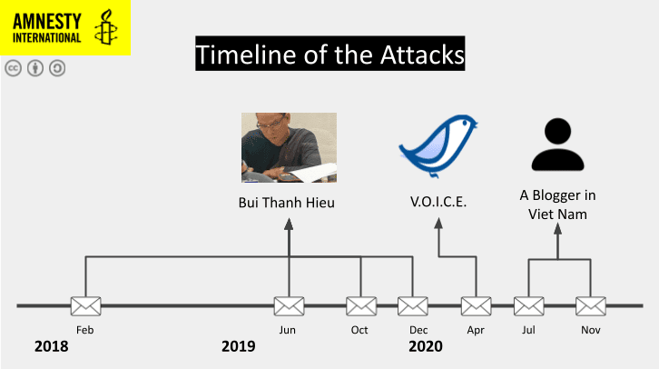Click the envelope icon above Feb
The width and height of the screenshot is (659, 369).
(85, 306)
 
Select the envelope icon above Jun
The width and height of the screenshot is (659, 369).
(290, 306)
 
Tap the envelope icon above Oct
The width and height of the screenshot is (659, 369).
(361, 306)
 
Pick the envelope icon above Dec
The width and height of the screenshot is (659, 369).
(413, 306)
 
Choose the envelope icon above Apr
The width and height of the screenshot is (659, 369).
(477, 306)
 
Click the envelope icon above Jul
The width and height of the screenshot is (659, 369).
(528, 306)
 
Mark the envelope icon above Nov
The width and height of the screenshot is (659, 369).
(591, 306)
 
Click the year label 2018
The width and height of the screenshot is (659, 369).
(51, 346)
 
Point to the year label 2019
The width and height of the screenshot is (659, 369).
(239, 346)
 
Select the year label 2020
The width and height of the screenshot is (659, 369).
(426, 346)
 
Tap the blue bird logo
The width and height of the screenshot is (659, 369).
(438, 145)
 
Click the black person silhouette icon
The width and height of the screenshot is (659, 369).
(557, 145)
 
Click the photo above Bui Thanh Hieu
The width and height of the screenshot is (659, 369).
(290, 147)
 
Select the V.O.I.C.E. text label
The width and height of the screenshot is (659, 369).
(438, 202)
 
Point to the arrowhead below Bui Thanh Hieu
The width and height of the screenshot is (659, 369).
(289, 224)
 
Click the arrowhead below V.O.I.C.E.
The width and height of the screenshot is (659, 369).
(438, 224)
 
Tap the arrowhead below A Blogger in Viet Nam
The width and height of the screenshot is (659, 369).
(557, 229)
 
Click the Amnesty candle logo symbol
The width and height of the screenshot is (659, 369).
(105, 27)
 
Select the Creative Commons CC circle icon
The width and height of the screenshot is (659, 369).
(14, 68)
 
